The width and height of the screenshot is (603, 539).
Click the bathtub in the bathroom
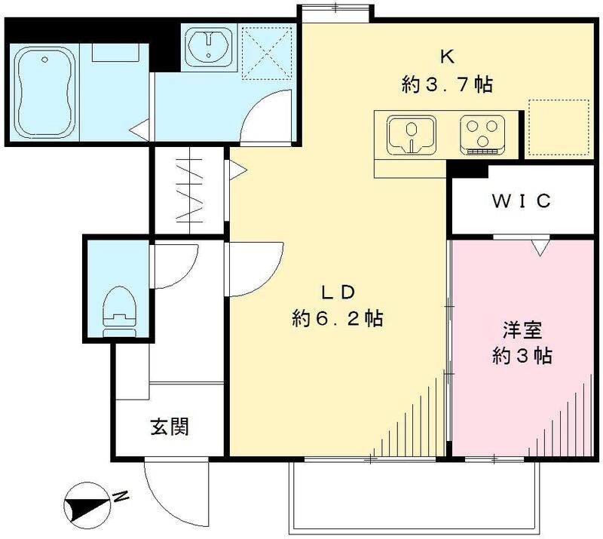point(44,92)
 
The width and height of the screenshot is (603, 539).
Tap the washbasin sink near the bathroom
point(209,47)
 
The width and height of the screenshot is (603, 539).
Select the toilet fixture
point(120,311)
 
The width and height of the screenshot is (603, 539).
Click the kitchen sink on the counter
point(412,135)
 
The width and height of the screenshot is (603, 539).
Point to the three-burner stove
point(482,135)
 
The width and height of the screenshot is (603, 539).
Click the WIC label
point(522,201)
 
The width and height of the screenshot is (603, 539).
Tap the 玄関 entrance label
point(170,427)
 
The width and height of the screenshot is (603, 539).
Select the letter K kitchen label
point(447,57)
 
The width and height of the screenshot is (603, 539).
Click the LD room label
point(337,293)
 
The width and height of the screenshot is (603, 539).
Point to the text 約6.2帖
point(337,319)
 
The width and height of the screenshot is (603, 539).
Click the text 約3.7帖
point(447,84)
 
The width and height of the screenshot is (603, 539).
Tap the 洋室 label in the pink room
point(522,331)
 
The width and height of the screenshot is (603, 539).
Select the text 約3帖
point(522,357)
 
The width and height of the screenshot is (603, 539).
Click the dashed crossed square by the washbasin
point(267,53)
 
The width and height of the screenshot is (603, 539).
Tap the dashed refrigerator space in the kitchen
point(559,128)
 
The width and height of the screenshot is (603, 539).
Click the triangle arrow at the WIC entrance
point(540,248)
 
